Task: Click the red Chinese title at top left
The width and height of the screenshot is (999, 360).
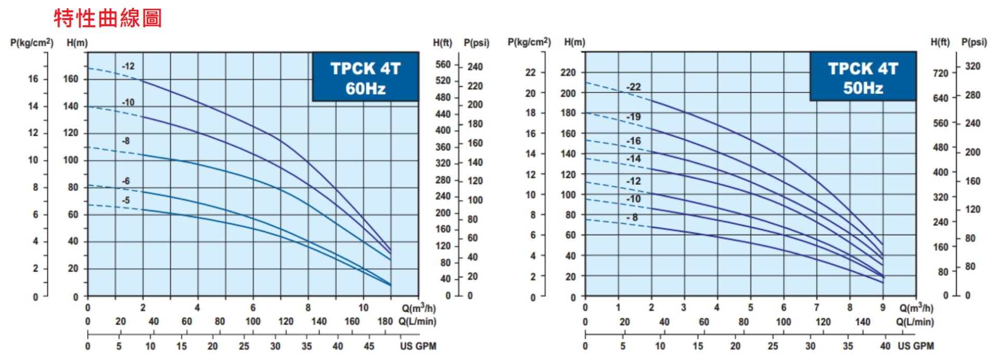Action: click(x=108, y=18)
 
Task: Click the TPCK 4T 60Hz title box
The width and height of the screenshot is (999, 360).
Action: click(x=365, y=78)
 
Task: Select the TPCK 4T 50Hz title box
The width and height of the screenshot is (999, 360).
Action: click(x=863, y=78)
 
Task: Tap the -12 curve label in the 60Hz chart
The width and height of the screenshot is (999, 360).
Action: click(x=128, y=67)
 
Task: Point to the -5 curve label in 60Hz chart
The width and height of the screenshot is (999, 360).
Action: click(x=125, y=200)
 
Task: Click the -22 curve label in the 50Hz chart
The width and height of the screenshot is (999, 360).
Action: click(x=633, y=87)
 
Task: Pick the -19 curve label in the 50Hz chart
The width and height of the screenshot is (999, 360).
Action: click(x=633, y=117)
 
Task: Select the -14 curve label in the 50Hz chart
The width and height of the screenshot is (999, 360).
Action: click(x=633, y=159)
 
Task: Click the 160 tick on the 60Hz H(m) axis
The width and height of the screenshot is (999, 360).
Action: click(x=71, y=79)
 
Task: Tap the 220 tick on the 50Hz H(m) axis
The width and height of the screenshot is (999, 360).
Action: click(x=568, y=72)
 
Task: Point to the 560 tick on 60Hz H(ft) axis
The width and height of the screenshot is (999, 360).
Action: click(x=443, y=65)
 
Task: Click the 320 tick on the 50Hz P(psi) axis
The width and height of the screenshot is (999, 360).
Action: click(x=972, y=66)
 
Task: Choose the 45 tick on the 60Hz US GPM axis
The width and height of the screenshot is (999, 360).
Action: click(x=369, y=346)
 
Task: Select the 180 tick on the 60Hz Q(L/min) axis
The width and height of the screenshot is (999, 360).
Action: click(x=385, y=322)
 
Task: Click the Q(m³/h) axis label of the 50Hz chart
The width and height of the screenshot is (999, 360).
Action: click(x=916, y=308)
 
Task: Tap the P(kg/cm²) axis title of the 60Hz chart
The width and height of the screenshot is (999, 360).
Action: click(x=32, y=43)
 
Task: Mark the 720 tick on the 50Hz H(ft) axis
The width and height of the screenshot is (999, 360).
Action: click(x=941, y=73)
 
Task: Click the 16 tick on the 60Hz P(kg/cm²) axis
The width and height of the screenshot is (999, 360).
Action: click(x=33, y=79)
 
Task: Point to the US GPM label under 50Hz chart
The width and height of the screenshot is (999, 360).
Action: click(x=916, y=346)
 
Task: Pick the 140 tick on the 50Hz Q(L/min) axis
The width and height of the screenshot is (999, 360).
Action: click(x=863, y=322)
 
